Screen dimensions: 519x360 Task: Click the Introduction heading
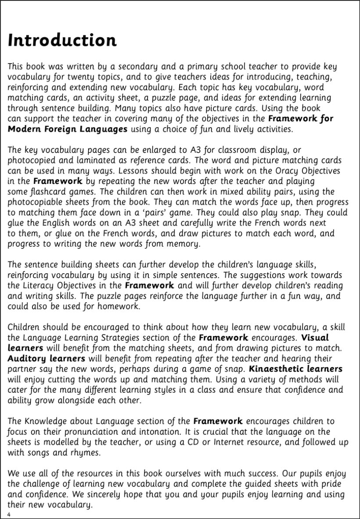tap(62, 40)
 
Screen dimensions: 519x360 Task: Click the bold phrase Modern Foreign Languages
tap(68, 129)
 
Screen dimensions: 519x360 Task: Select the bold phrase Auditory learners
tap(47, 358)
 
